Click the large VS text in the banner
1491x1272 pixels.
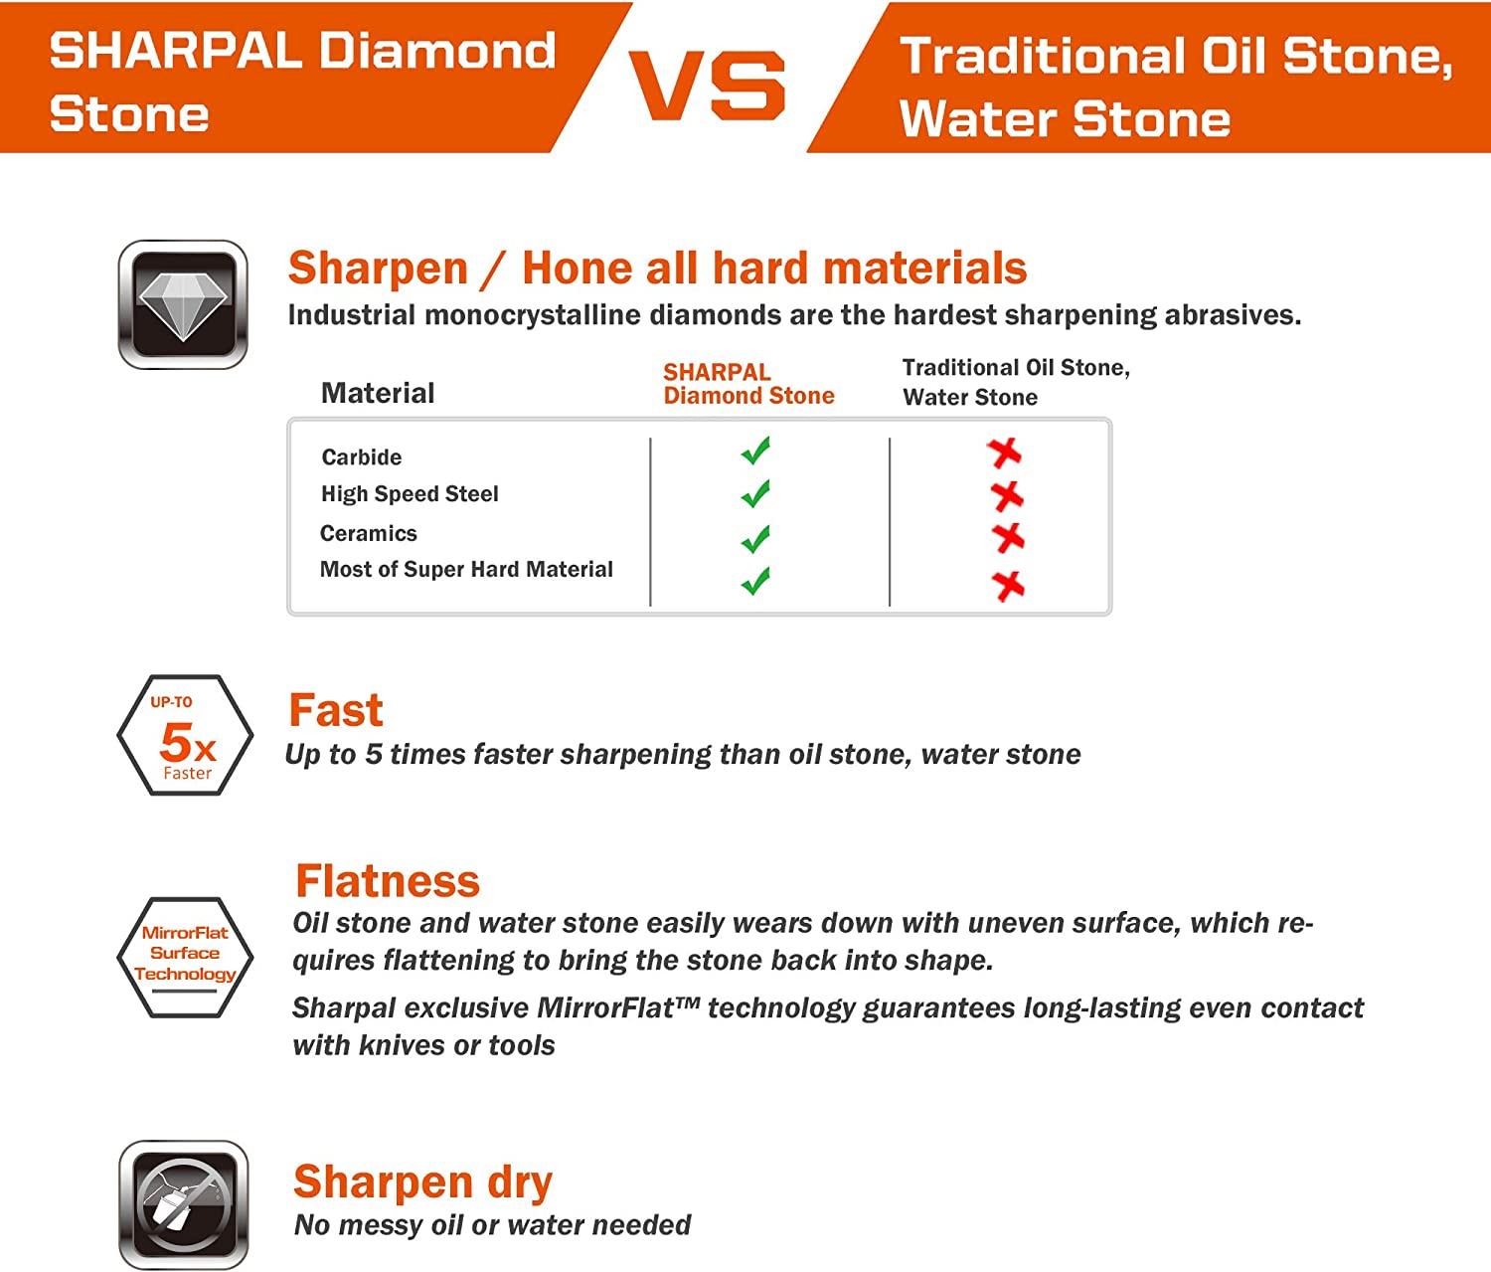(707, 86)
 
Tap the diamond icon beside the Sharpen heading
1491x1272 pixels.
(183, 304)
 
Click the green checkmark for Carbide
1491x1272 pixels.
(755, 451)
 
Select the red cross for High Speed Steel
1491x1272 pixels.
(1006, 494)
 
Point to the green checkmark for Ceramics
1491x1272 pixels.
(755, 539)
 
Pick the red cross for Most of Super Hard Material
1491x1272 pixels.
(1008, 585)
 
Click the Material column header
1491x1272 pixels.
(378, 393)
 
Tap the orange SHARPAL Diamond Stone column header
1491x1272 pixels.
(748, 384)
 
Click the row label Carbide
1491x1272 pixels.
(362, 457)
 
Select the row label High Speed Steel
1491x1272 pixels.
(410, 494)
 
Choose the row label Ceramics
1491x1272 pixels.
(369, 533)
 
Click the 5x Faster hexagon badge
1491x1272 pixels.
(185, 736)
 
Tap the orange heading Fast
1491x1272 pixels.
(335, 710)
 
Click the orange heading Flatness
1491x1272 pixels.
(388, 881)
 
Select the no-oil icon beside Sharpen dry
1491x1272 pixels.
(183, 1204)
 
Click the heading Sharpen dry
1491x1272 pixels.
(422, 1181)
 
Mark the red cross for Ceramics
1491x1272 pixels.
(1008, 538)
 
